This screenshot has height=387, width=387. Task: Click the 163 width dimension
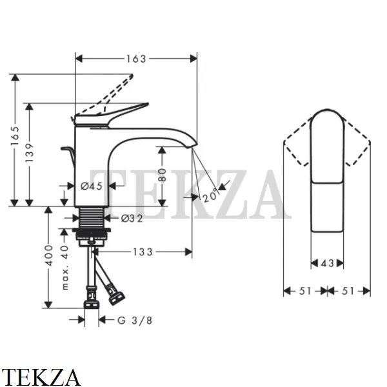(x=137, y=59)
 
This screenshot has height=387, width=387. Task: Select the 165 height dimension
(x=15, y=135)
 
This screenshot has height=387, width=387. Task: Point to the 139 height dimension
(x=29, y=152)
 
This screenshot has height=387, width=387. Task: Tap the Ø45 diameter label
(x=92, y=186)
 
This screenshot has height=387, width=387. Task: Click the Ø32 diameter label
(x=132, y=218)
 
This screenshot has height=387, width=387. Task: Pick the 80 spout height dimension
(x=162, y=175)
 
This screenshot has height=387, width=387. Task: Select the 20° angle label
(x=210, y=195)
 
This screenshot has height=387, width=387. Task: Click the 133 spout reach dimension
(x=143, y=252)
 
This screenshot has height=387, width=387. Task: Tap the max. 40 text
(x=64, y=267)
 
